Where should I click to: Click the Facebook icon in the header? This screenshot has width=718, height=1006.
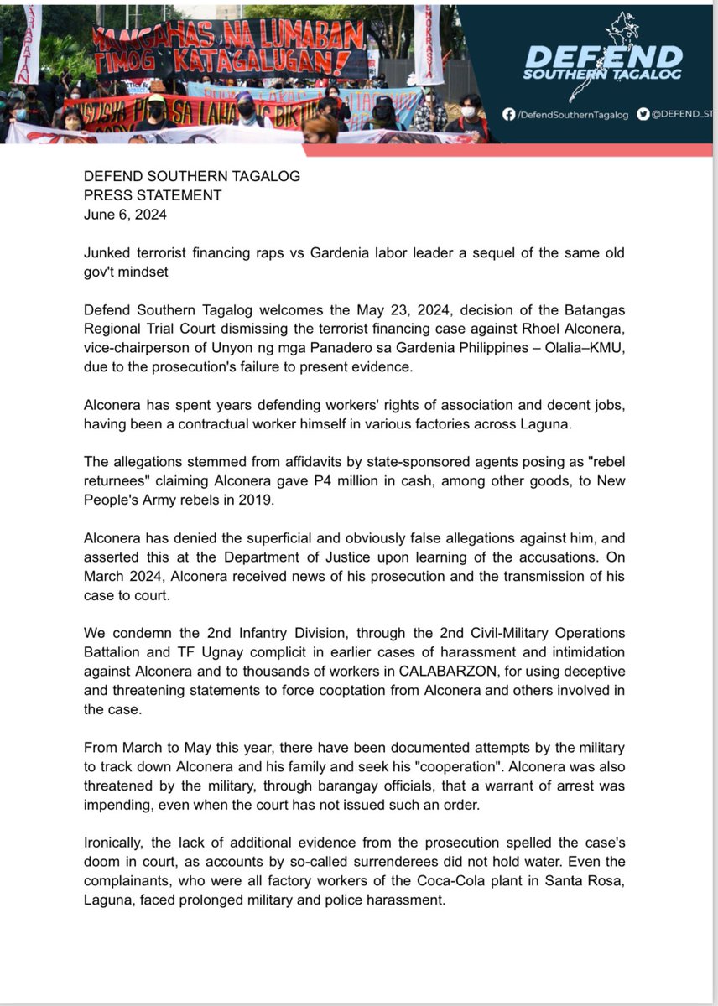coord(508,114)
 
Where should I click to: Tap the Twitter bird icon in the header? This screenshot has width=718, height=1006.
coord(643,114)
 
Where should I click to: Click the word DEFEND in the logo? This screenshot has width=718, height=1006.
coord(603,57)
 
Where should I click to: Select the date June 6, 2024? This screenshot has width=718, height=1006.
coord(125,214)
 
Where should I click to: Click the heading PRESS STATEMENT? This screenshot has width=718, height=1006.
coord(153,195)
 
